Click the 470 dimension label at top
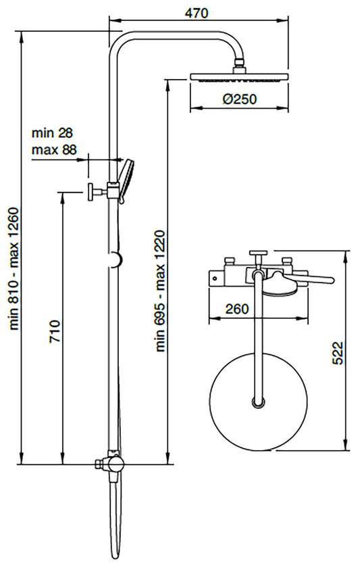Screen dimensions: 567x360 tap(197, 13)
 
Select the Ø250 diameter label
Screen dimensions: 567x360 tap(238, 99)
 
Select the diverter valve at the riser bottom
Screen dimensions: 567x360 tap(111, 465)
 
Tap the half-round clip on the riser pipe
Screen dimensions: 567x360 tap(117, 259)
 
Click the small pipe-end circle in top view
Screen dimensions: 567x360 tap(257, 403)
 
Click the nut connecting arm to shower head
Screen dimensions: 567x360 tap(238, 66)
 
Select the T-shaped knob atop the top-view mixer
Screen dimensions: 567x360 tap(257, 255)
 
